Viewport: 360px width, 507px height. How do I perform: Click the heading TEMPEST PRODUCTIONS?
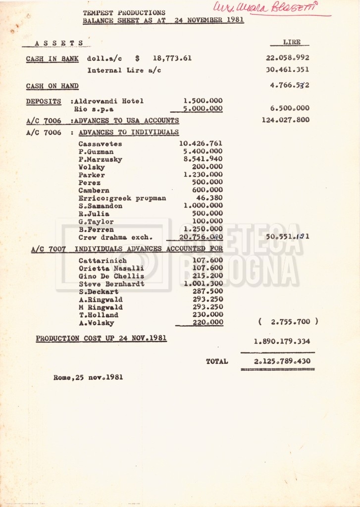coord(124,12)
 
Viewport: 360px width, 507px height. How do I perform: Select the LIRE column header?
coord(291,43)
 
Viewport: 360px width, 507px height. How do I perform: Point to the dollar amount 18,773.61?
coord(172,58)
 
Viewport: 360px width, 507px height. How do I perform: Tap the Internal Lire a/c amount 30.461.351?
coord(287,70)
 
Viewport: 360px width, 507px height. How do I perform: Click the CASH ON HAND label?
coord(52,86)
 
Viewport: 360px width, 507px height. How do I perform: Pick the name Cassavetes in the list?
coord(100,144)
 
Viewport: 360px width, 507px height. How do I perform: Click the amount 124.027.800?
coord(286,119)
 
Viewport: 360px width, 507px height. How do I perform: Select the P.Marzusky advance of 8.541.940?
coord(201,159)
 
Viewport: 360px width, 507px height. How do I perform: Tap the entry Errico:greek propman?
coord(122,198)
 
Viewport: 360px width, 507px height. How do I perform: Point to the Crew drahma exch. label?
coord(115,237)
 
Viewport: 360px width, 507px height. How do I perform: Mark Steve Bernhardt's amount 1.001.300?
coord(203,284)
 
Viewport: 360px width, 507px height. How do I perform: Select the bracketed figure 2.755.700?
coord(288,322)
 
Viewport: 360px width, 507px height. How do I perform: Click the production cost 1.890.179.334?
coord(282,342)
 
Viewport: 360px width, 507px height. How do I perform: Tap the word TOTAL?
coord(217,361)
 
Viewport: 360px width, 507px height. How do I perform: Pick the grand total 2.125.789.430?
coord(282,361)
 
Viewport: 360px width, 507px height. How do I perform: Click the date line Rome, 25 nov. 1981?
coord(88,377)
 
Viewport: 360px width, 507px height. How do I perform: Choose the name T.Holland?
coord(98,315)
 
